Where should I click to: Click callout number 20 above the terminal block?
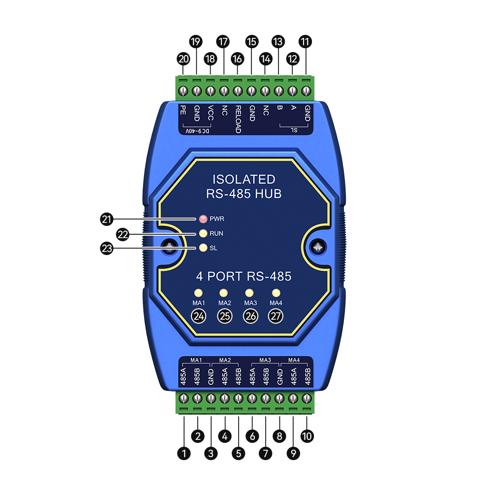(x=183, y=59)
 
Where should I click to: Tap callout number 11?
(x=305, y=42)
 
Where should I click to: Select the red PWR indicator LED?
(x=203, y=218)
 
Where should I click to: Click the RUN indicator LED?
(x=203, y=233)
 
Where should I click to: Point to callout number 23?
(x=107, y=248)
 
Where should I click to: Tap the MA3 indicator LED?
(x=249, y=293)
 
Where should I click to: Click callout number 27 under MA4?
(x=276, y=316)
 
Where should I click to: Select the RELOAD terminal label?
(x=238, y=120)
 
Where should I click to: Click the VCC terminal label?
(x=210, y=113)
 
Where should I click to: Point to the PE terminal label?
(x=183, y=110)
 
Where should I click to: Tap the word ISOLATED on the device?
(x=244, y=180)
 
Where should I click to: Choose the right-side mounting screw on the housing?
(x=318, y=247)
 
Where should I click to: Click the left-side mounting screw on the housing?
(x=170, y=247)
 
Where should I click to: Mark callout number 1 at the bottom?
(x=184, y=453)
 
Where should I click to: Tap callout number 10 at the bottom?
(x=307, y=436)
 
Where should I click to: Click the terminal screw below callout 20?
(x=183, y=91)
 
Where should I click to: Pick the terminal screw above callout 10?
(x=307, y=398)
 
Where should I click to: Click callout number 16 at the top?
(x=237, y=59)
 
